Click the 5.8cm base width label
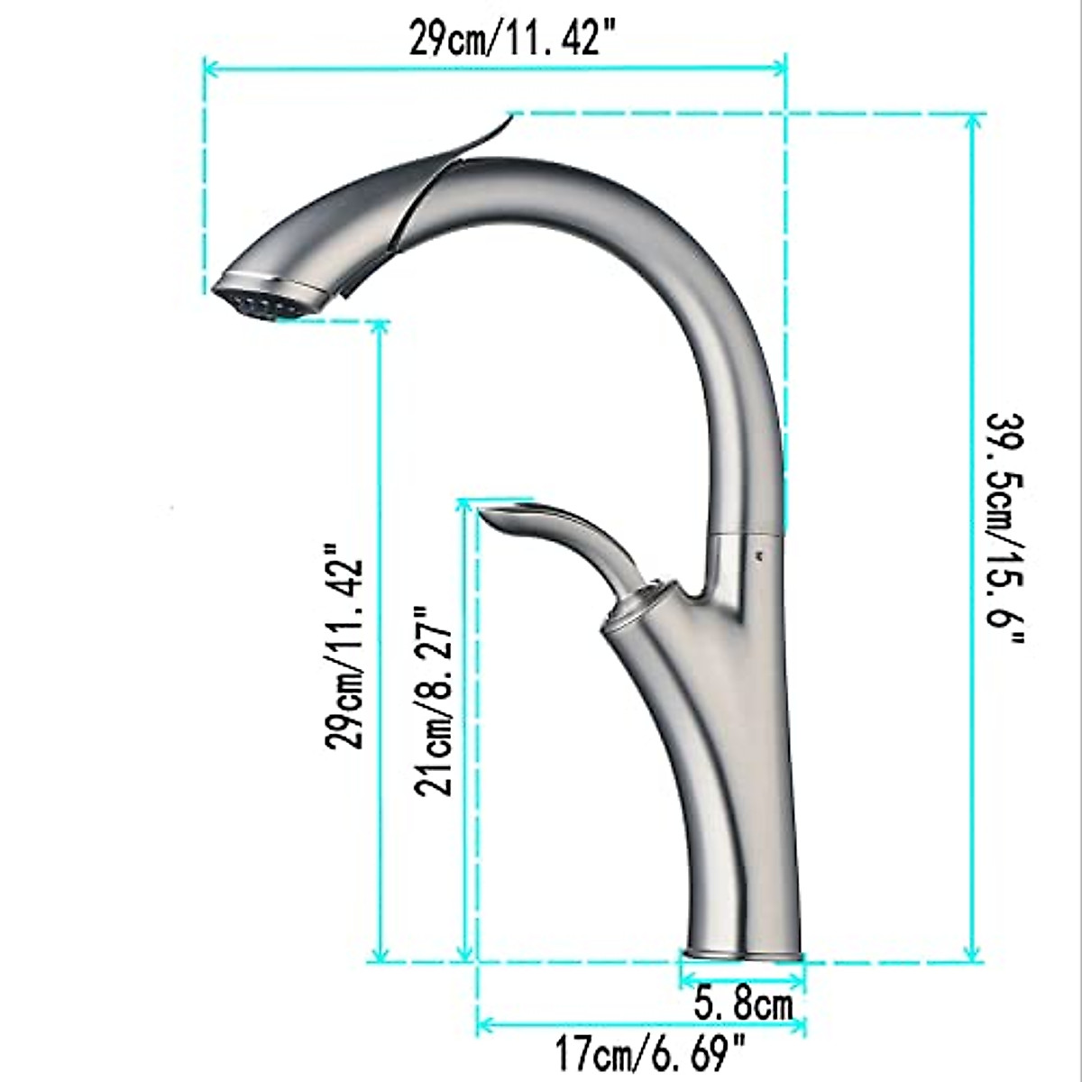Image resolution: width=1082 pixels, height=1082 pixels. [x=744, y=1004]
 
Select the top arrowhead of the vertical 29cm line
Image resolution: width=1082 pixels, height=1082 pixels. [x=380, y=327]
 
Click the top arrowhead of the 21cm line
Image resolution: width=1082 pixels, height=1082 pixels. [x=465, y=505]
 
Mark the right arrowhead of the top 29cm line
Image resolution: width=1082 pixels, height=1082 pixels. [x=782, y=66]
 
